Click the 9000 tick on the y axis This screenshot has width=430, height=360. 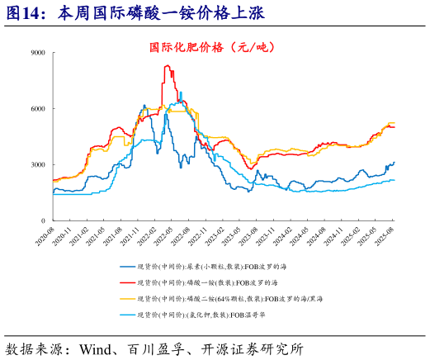(x=37, y=52)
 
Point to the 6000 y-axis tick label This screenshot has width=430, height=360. (x=37, y=108)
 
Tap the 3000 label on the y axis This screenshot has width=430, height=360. (x=37, y=164)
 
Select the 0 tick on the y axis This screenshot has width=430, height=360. (x=43, y=220)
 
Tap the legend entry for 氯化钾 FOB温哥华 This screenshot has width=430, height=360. (x=206, y=315)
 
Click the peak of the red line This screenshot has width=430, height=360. (x=167, y=66)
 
